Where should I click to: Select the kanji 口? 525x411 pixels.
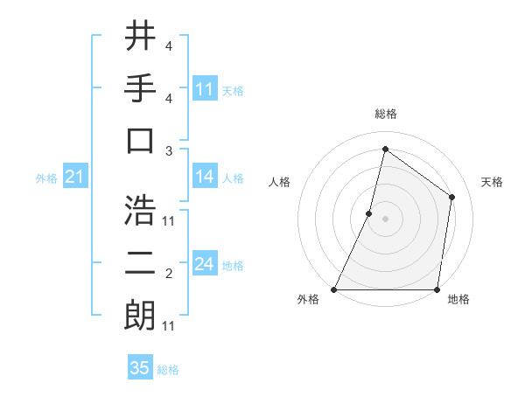[140, 140]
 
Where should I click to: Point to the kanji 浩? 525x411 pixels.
[140, 210]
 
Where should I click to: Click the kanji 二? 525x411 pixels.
[140, 263]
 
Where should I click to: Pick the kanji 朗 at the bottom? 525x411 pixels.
[140, 315]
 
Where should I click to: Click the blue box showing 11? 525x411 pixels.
[205, 89]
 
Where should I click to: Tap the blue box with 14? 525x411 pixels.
[205, 177]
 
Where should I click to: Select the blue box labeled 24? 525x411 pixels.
[205, 264]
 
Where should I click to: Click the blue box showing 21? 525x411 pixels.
[74, 178]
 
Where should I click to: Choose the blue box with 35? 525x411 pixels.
[140, 368]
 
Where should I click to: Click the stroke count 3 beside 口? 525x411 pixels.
[168, 150]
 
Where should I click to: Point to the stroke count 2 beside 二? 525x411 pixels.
[168, 275]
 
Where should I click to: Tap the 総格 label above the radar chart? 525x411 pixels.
[385, 114]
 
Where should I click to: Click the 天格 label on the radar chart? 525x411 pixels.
[492, 182]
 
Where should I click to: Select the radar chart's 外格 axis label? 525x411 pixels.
[308, 300]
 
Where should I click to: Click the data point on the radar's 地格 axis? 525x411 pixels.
[437, 289]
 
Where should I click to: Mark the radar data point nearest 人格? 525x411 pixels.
[369, 213]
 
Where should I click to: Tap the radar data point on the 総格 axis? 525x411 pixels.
[385, 149]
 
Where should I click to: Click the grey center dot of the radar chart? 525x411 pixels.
[385, 219]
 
